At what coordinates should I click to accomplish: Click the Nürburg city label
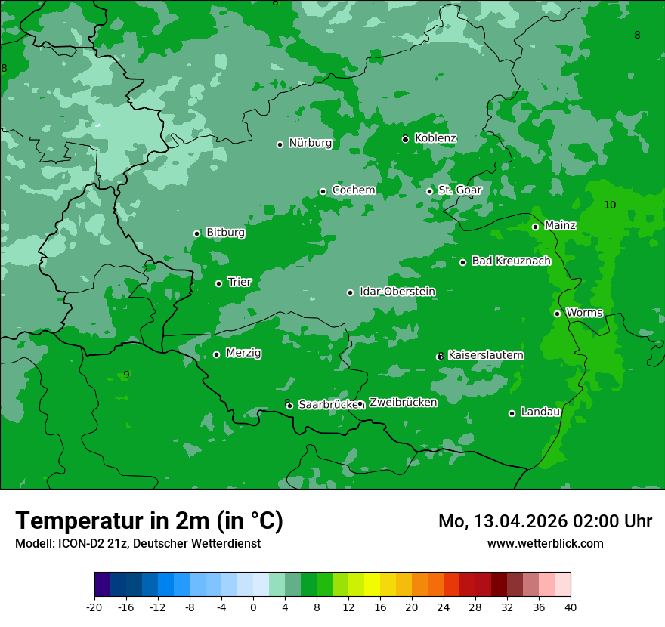pos(310,143)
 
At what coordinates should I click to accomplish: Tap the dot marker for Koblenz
pos(406,139)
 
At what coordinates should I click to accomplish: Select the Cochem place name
pos(353,190)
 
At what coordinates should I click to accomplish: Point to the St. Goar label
pos(459,190)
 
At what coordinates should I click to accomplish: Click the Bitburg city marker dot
pos(196,233)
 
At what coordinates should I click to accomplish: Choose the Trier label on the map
pos(240,282)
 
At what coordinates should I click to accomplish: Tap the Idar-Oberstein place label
pos(397,292)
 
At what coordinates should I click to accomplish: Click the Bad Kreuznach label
pos(511,261)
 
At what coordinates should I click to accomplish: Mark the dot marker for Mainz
pos(535,227)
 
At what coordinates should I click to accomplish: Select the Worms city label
pos(584,313)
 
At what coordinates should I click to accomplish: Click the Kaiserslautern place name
pos(486,355)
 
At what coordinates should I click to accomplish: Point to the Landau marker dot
pos(512,413)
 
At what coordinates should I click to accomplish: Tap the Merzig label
pos(243,353)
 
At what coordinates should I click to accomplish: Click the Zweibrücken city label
pos(403,403)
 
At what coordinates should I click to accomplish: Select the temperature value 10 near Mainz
pos(610,205)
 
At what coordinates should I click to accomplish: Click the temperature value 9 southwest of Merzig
pos(126,375)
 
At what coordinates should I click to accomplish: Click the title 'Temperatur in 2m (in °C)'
pos(149,521)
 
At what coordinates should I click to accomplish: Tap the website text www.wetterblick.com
pos(545,543)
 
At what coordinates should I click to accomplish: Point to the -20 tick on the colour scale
pos(94,607)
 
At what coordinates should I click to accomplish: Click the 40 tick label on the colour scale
pos(570,607)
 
